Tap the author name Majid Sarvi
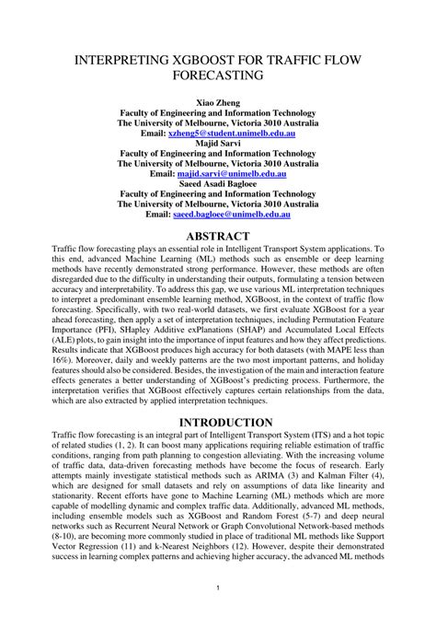217,143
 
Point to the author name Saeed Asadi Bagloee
217,182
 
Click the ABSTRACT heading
217,237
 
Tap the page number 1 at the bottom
217,588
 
